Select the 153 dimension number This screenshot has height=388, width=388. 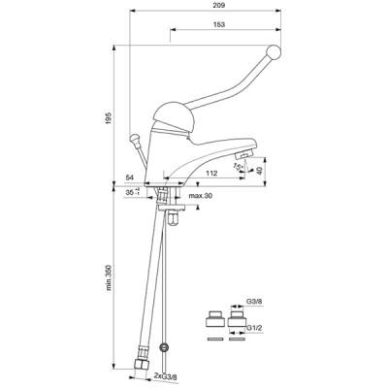pyautogui.click(x=219, y=24)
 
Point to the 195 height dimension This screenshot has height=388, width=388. pyautogui.click(x=109, y=118)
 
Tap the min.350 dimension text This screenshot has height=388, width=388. pyautogui.click(x=109, y=277)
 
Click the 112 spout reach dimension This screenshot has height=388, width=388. pyautogui.click(x=211, y=174)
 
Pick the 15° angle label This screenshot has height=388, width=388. pyautogui.click(x=238, y=167)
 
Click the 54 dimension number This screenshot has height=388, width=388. pyautogui.click(x=130, y=178)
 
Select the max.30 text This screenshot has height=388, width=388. pyautogui.click(x=201, y=196)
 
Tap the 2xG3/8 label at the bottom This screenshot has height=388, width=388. pyautogui.click(x=166, y=376)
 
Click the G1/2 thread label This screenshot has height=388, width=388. pyautogui.click(x=254, y=329)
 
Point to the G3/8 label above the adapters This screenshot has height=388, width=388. pyautogui.click(x=254, y=301)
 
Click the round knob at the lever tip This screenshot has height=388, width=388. pyautogui.click(x=274, y=52)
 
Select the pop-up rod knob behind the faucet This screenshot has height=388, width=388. pyautogui.click(x=133, y=139)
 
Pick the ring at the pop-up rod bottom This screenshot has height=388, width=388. pyautogui.click(x=165, y=348)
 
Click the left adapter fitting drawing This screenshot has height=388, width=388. pyautogui.click(x=214, y=319)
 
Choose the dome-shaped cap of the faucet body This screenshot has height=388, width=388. pyautogui.click(x=174, y=116)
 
